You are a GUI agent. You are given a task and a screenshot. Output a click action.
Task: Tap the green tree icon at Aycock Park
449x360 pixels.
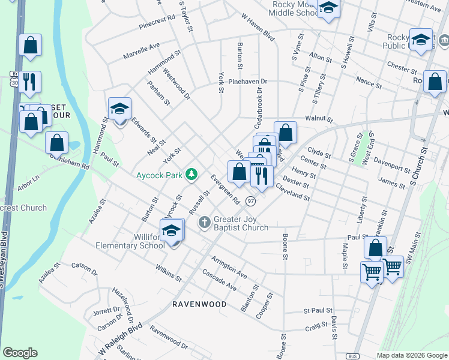[x=191, y=174]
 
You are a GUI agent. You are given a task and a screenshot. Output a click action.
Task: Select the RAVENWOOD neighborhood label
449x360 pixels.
[x=199, y=304]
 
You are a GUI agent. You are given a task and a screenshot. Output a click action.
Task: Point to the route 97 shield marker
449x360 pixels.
[x=250, y=200]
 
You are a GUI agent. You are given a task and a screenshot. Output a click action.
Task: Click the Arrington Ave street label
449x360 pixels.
[x=229, y=267]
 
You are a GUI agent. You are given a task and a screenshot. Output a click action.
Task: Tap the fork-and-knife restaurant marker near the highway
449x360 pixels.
[x=29, y=81]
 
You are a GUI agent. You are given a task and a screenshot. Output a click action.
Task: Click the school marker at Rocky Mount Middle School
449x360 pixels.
[x=328, y=8]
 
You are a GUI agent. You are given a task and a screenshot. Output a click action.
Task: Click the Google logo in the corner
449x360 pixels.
[x=20, y=353]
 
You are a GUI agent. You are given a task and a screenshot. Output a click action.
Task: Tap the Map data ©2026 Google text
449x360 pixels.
[x=411, y=355]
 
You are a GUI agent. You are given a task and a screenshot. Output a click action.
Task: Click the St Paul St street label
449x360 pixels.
[x=318, y=311]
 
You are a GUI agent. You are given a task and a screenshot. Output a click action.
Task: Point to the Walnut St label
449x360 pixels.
[x=318, y=119]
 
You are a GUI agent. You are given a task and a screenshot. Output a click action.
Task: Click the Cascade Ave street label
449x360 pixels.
[x=219, y=280]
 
